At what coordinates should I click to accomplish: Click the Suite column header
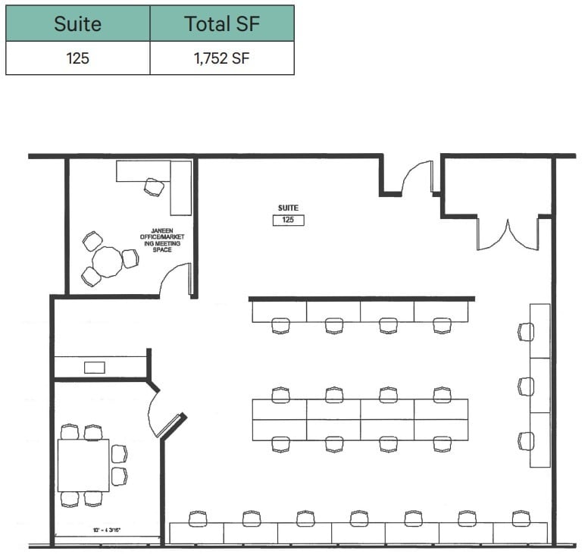coord(77,23)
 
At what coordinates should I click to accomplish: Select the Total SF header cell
coord(222,23)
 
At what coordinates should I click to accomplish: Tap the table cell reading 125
coord(77,58)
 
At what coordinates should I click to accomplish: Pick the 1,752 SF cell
coord(222,58)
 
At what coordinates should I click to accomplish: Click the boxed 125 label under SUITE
coord(288,220)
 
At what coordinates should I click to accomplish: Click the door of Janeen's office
coord(177,280)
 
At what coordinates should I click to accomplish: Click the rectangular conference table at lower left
coord(83,465)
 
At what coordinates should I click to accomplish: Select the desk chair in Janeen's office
coord(154,186)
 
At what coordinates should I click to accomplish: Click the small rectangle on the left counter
coord(95,368)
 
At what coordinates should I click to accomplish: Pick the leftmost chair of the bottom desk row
coord(198,518)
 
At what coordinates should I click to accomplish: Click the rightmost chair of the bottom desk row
coord(520,518)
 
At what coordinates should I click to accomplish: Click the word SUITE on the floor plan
coord(288,208)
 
